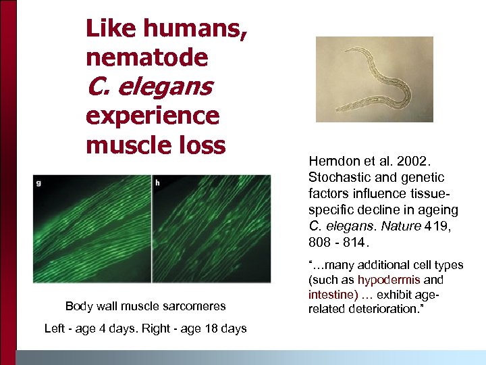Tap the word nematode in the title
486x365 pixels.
tap(147, 57)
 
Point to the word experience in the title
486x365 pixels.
tap(153, 116)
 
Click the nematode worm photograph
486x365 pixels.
tap(375, 79)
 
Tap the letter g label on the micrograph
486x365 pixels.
tap(40, 182)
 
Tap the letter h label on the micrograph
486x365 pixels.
tap(158, 182)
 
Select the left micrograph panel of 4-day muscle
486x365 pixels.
tap(92, 228)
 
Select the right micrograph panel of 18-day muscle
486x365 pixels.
tap(211, 228)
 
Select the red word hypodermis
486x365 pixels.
tap(389, 280)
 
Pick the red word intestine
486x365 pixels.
tap(332, 295)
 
